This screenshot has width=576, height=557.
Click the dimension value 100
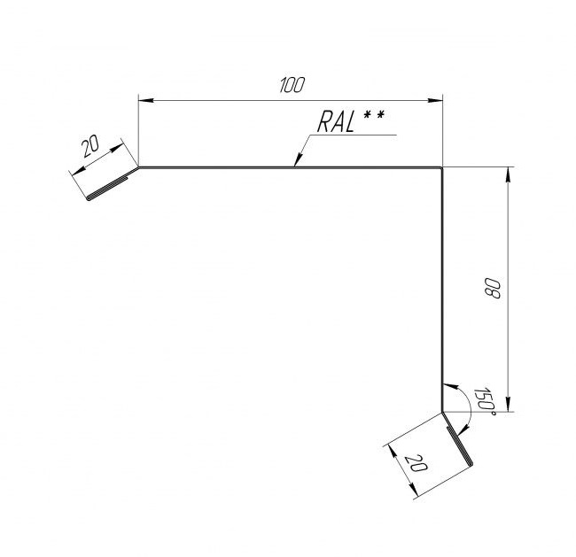coord(292,85)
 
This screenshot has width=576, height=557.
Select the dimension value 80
coord(493,288)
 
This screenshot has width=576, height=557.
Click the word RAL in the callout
coord(336,122)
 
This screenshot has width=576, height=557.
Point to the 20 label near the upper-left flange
coord(90,146)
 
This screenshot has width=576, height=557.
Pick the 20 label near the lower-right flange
coord(416,463)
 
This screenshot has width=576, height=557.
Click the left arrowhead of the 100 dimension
coord(145,100)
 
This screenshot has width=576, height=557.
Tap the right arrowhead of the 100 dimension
coord(435,100)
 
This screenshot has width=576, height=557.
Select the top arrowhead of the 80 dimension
coord(508,174)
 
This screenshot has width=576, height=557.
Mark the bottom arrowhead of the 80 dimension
coord(508,405)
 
